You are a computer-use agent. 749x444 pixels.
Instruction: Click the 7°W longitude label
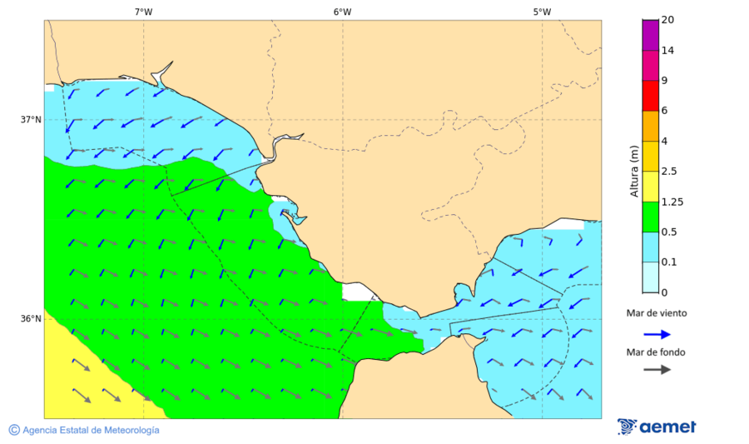143,12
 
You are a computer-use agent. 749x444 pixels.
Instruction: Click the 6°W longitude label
342,12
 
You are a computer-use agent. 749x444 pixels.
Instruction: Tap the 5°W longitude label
542,12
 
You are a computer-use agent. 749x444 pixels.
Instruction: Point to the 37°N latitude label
31,119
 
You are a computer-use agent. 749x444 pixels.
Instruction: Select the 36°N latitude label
31,319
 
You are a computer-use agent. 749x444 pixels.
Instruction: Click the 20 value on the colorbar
667,20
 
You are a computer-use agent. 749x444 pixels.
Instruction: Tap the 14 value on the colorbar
667,51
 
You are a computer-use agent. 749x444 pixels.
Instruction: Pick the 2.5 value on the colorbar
668,172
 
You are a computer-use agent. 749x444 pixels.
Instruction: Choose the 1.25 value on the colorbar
671,202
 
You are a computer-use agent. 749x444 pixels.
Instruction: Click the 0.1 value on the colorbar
668,262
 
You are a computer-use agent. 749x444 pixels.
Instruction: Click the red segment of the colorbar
650,95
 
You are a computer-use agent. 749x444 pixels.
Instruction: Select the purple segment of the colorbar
650,35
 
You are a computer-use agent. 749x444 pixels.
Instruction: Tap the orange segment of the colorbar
650,126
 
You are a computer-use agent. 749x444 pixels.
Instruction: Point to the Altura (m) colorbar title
634,172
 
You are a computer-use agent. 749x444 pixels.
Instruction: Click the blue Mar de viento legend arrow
657,334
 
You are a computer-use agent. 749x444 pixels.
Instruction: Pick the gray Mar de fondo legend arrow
657,369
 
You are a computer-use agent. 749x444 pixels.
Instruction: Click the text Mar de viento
657,313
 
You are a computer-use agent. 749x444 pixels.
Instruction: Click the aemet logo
657,427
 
